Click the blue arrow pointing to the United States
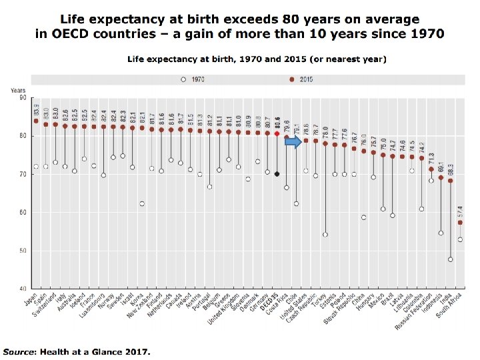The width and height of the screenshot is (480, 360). (x=294, y=141)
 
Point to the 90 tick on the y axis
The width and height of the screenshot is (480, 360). (x=23, y=97)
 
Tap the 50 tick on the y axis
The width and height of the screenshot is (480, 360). (x=23, y=251)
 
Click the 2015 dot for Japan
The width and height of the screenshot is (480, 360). (x=36, y=121)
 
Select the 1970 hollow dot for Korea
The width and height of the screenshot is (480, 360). (x=142, y=203)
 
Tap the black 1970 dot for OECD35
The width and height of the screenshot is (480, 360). (x=277, y=174)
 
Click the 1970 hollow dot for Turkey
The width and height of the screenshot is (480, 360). (x=325, y=235)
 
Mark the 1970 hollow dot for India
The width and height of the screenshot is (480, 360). (x=451, y=259)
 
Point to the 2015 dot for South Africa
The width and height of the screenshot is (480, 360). (x=460, y=223)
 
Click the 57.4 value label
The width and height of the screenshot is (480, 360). (x=460, y=211)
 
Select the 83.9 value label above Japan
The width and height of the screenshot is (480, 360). (x=36, y=111)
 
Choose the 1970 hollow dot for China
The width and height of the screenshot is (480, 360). (x=363, y=217)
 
